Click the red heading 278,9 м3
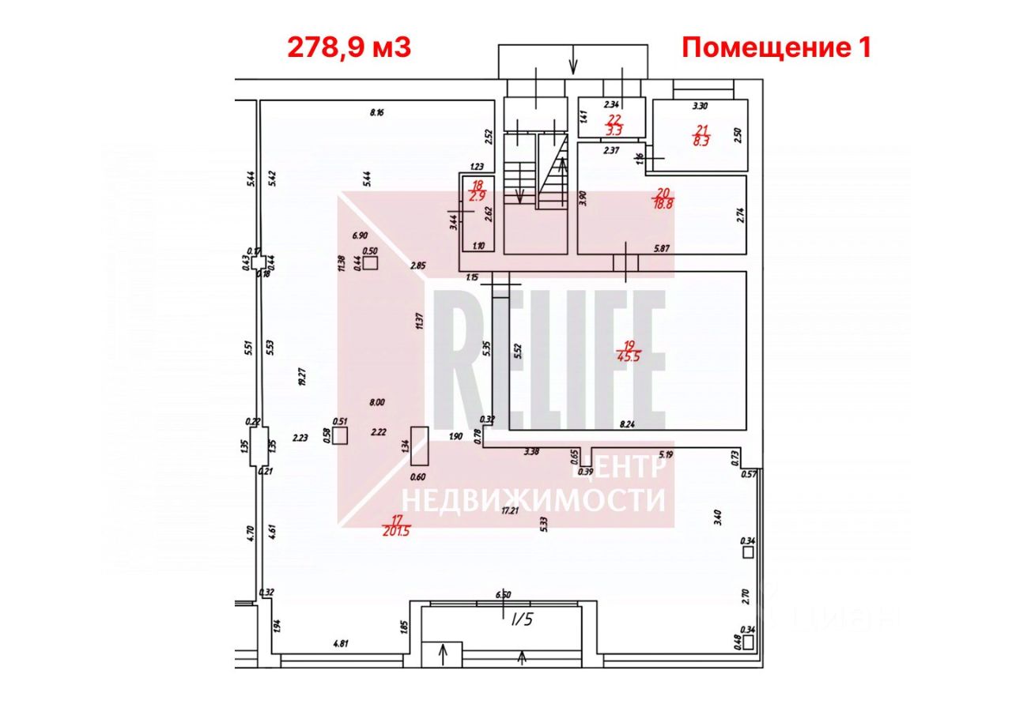pos(349,48)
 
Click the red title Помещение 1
pos(776,48)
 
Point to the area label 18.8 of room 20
pos(663,203)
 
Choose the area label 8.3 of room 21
pos(701,141)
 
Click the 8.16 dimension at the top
pos(376,113)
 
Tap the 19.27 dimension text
pos(300,375)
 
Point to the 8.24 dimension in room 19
pos(627,424)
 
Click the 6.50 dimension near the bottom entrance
pos(504,595)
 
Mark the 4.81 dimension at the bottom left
pos(341,644)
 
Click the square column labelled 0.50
pos(370,264)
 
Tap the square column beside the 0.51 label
pos(341,435)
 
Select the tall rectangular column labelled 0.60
pos(419,446)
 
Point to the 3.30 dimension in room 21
pos(700,105)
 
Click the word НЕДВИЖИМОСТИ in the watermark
pos(534,499)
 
